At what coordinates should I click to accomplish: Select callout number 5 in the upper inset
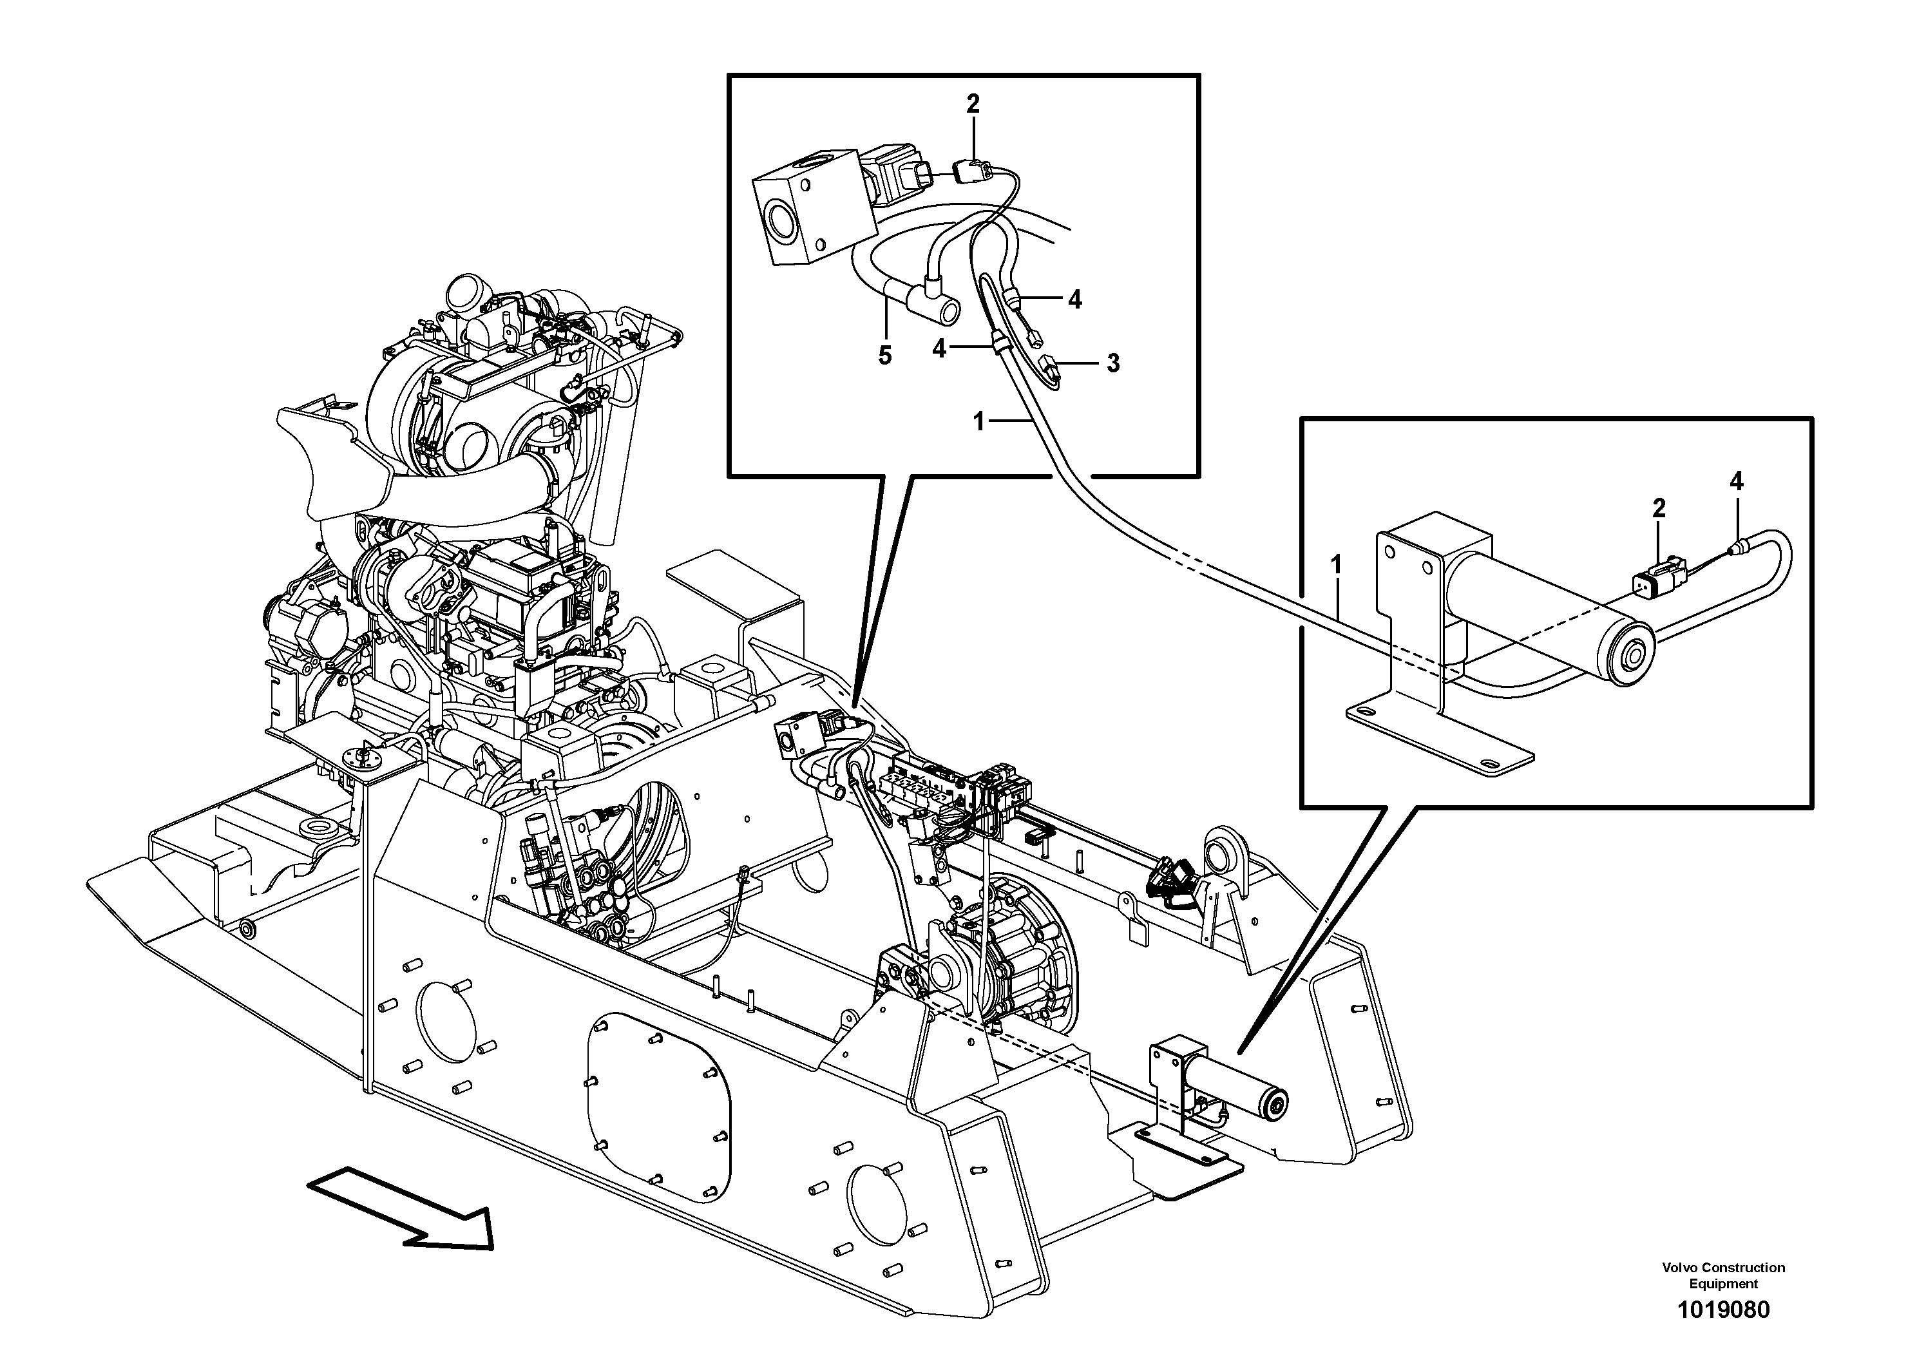coord(885,356)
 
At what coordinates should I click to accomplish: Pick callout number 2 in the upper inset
coord(973,104)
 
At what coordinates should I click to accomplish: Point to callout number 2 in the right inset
coord(1658,508)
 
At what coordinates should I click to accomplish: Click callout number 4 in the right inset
coord(1737,481)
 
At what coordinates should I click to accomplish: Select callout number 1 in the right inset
coord(1336,565)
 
